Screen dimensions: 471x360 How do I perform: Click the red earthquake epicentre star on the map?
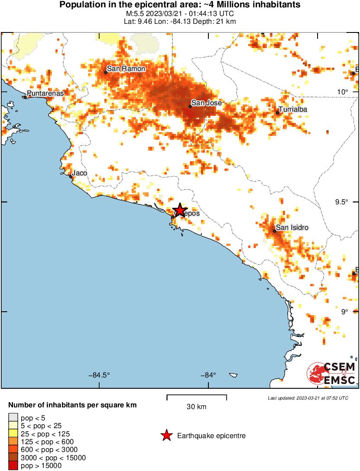point(179,210)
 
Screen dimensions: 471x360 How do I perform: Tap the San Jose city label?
point(206,103)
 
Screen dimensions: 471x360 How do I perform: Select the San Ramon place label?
point(126,69)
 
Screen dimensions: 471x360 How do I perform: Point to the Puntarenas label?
point(45,94)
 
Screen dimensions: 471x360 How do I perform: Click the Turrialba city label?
point(293,110)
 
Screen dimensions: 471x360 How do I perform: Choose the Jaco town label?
point(79,173)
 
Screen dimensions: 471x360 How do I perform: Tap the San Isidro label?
point(293,228)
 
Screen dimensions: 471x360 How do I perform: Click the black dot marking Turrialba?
point(277,113)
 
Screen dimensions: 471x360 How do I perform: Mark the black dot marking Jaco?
point(71,176)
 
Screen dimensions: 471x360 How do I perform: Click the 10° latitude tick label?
point(344,92)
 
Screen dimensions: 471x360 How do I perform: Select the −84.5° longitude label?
point(100,375)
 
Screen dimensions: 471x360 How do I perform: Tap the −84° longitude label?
point(208,375)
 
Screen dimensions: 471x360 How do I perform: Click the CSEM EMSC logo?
point(331,374)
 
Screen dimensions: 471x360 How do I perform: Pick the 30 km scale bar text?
point(197,407)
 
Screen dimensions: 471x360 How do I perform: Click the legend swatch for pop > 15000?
point(13,466)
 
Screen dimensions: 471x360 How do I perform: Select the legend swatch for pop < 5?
point(13,418)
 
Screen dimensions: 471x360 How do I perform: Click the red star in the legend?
point(166,436)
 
